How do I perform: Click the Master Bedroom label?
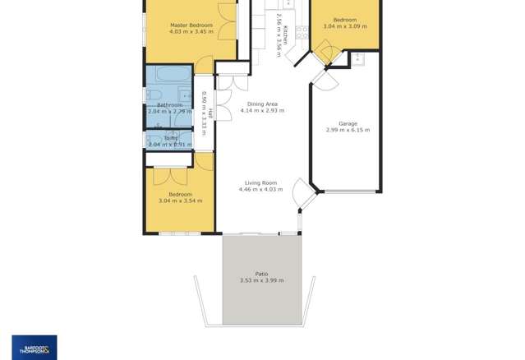pyautogui.click(x=191, y=25)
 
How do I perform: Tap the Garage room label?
pyautogui.click(x=347, y=123)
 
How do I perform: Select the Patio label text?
pyautogui.click(x=261, y=275)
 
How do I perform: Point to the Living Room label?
pyautogui.click(x=260, y=183)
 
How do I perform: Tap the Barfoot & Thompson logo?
pyautogui.click(x=35, y=346)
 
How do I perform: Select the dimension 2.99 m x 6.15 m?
pyautogui.click(x=347, y=130)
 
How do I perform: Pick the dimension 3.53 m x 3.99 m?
pyautogui.click(x=261, y=281)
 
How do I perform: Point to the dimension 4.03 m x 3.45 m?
pyautogui.click(x=191, y=32)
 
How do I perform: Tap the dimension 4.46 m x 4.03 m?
pyautogui.click(x=260, y=190)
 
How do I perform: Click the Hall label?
pyautogui.click(x=210, y=113)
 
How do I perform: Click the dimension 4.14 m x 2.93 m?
pyautogui.click(x=260, y=111)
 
